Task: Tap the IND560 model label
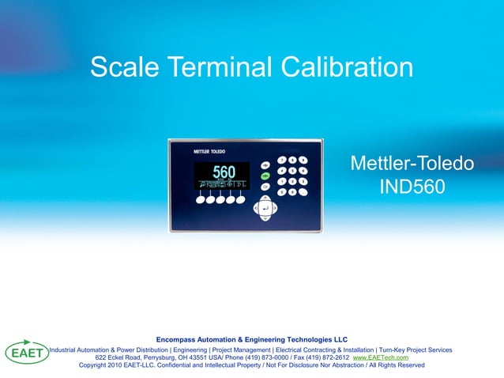(x=412, y=188)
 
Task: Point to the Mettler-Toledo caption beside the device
(x=412, y=164)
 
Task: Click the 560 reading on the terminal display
(x=224, y=172)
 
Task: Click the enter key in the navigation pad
(x=265, y=209)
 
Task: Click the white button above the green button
(x=265, y=166)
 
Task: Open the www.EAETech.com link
(x=380, y=357)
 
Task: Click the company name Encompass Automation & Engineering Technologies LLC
(x=252, y=339)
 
